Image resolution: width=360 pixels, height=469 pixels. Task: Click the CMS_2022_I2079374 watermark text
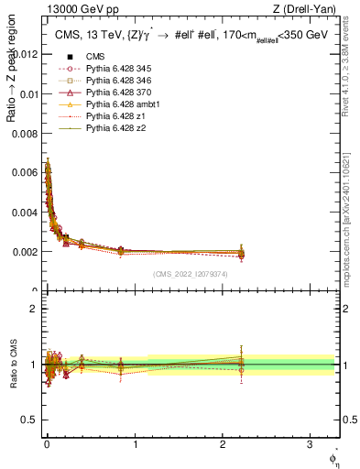(192, 274)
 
